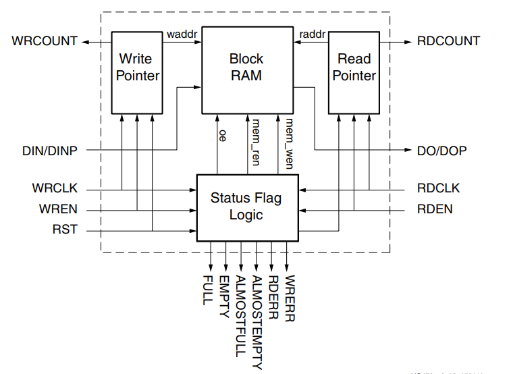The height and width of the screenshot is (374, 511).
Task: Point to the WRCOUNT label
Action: pyautogui.click(x=45, y=41)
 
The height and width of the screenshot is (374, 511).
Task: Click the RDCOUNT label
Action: pyautogui.click(x=448, y=41)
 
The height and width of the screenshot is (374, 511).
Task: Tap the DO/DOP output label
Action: pyautogui.click(x=442, y=151)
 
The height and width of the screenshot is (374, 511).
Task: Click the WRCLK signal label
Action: pyautogui.click(x=56, y=188)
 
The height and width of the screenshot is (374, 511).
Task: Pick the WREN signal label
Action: pyautogui.click(x=58, y=209)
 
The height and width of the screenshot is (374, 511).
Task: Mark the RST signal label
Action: pyautogui.click(x=65, y=230)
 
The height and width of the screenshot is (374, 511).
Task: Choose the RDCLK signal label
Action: pyautogui.click(x=438, y=188)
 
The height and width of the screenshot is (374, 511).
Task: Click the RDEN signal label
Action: pyautogui.click(x=435, y=209)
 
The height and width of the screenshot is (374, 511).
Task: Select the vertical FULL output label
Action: pyautogui.click(x=208, y=290)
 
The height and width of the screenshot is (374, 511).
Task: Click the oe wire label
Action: pyautogui.click(x=222, y=135)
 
